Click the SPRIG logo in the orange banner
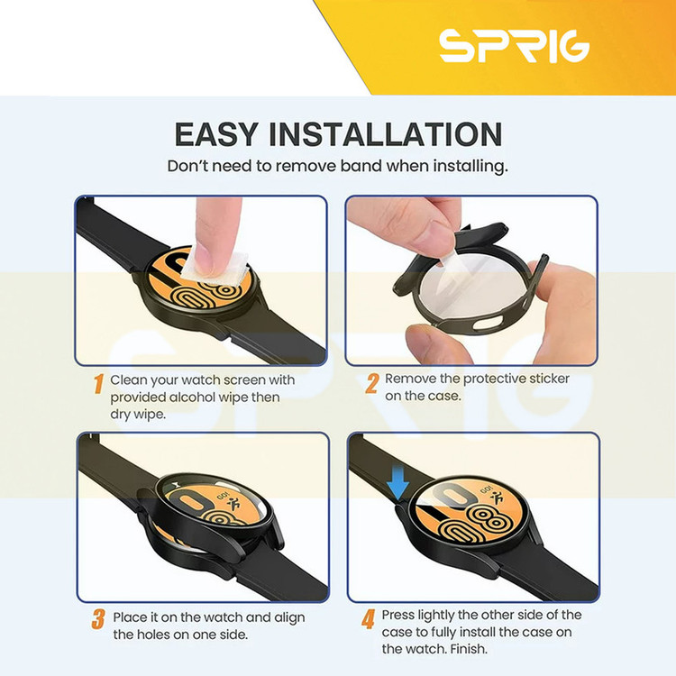tap(514, 45)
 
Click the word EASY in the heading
tap(216, 134)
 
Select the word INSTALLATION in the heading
tap(386, 134)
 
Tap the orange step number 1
tap(99, 383)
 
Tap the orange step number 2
tap(371, 383)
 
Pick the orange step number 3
tap(98, 619)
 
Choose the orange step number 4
tap(368, 619)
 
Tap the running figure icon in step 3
tap(233, 503)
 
